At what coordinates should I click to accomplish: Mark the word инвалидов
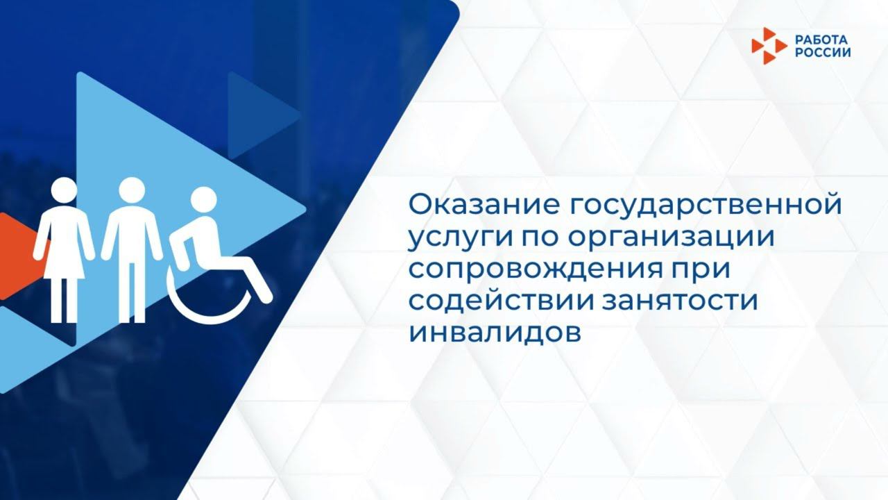494,333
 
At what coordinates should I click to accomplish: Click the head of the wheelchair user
203,199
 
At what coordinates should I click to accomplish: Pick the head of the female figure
64,190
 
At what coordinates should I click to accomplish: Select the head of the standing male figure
131,190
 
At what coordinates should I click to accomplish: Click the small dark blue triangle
260,115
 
